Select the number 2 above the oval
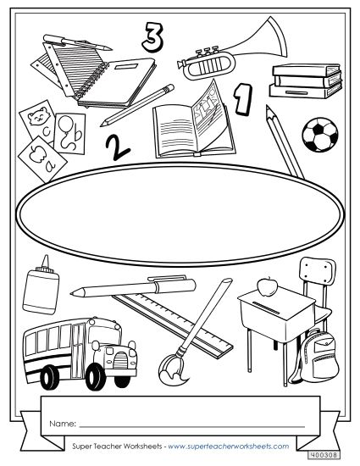pos(118,147)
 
